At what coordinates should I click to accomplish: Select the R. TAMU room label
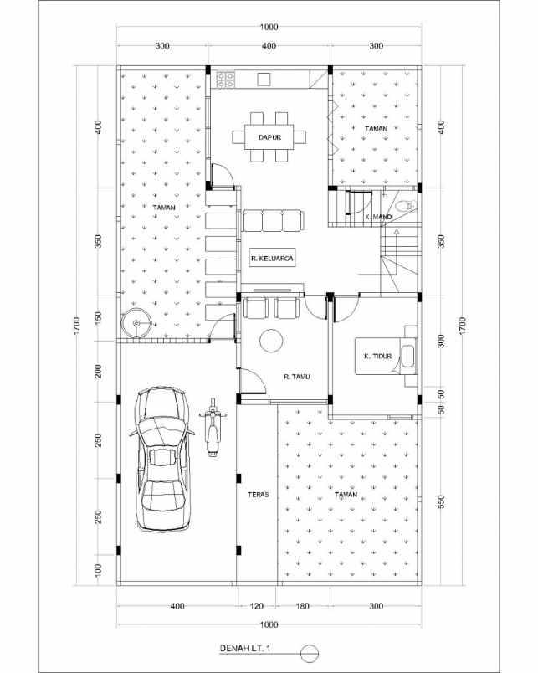(x=297, y=377)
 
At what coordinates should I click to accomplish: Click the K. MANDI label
(x=379, y=217)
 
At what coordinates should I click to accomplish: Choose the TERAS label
(x=257, y=495)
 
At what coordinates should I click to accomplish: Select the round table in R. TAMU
(x=271, y=341)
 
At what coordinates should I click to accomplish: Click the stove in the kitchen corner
(x=226, y=80)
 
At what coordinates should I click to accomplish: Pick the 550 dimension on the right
(x=441, y=502)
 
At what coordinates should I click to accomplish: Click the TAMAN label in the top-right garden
(x=376, y=127)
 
